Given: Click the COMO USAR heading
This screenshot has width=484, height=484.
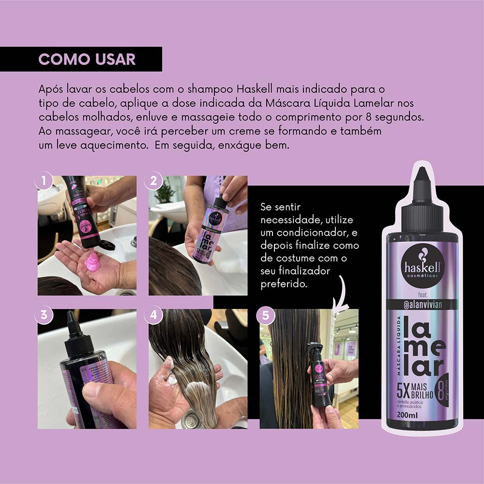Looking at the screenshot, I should (x=87, y=59).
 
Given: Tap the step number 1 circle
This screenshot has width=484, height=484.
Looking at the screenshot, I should (x=44, y=181).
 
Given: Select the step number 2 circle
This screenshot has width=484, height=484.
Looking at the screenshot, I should (x=154, y=181).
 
